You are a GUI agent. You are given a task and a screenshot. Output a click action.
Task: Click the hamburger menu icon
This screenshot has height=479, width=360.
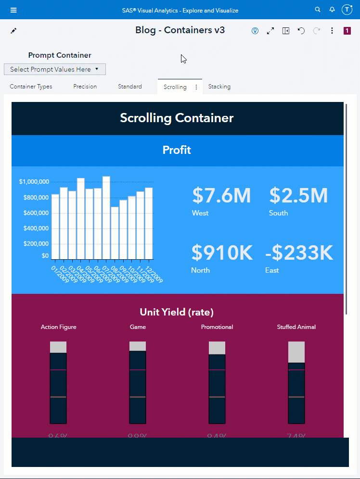coord(13,10)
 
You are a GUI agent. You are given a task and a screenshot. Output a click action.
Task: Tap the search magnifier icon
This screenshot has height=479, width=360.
coord(317,10)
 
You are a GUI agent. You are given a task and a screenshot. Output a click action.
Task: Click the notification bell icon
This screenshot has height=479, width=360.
coord(332,10)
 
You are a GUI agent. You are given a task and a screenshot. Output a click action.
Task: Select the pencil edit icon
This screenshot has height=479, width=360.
coord(13,31)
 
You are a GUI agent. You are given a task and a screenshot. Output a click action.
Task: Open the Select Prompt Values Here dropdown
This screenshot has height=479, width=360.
coord(55,69)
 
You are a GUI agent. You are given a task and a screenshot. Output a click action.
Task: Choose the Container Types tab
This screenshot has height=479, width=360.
coord(31,87)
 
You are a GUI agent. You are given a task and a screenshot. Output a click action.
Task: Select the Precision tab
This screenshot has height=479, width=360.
coord(85,87)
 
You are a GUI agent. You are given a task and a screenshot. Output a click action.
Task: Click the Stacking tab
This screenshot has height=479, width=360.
coord(219,87)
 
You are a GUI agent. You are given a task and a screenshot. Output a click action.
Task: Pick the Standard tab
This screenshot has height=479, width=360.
coord(130,87)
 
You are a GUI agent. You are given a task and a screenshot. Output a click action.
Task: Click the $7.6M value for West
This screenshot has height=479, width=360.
coord(221,196)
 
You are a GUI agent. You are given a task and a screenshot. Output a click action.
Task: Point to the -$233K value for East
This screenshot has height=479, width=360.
coord(299,253)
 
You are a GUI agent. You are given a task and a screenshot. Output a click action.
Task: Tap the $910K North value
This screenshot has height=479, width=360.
coord(222,253)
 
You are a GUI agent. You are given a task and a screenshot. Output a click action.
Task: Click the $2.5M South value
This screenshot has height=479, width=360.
coord(298,196)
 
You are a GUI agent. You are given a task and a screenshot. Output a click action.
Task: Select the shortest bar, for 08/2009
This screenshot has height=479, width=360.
coord(115,233)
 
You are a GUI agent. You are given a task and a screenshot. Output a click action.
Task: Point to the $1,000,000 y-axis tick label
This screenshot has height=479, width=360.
coord(34,182)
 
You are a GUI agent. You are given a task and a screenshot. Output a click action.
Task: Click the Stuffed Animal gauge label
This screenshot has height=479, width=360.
coord(296,327)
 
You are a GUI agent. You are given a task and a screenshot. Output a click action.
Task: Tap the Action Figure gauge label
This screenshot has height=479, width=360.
coord(58,327)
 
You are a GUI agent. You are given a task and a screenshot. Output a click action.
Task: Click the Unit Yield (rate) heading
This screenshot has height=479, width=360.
coord(177,312)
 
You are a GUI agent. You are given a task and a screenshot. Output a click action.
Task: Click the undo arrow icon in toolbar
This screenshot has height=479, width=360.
coord(301,31)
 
